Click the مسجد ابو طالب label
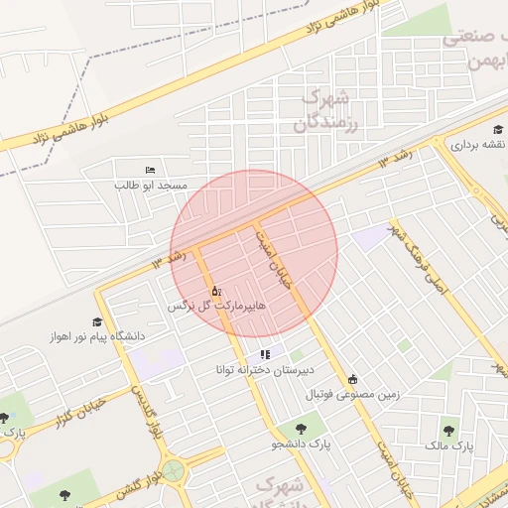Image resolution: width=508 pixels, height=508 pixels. pos(151,186)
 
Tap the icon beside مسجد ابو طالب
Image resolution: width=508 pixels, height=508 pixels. pos(150,172)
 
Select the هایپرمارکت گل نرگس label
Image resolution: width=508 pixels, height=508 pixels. pos(216,307)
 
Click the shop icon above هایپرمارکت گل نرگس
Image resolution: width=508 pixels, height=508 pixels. pos(216,291)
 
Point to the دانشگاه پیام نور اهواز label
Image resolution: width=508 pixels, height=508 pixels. pos(97,336)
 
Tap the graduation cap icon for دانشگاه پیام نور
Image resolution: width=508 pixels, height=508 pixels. pos(97,321)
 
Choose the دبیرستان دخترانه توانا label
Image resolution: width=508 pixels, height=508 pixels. pos(264,370)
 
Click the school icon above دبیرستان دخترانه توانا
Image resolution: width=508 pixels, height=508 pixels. pos(264,354)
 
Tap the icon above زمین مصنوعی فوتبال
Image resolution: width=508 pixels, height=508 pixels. pos(352,379)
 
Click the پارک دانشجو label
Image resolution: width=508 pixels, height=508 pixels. pos(300,444)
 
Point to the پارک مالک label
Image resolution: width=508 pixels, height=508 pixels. pos(451,446)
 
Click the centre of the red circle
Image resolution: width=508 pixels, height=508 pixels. pos(254,253)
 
